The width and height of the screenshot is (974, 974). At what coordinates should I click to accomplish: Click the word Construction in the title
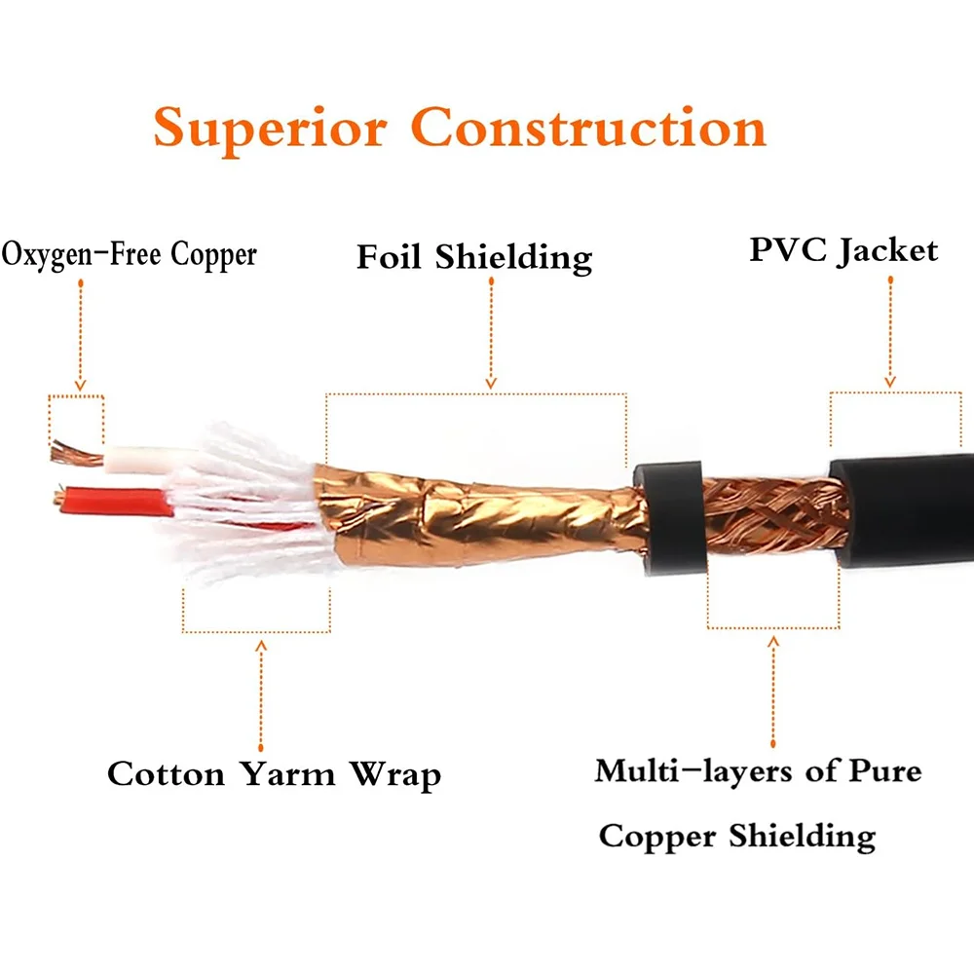click(x=587, y=127)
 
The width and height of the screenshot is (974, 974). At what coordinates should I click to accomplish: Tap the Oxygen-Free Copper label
click(x=130, y=254)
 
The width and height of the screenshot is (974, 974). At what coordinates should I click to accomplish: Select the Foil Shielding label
click(x=474, y=257)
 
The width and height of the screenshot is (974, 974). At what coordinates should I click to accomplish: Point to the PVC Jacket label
click(x=843, y=250)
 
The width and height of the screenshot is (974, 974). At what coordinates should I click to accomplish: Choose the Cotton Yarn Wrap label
click(x=274, y=774)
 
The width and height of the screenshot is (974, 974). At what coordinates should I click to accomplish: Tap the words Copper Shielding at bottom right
click(x=736, y=836)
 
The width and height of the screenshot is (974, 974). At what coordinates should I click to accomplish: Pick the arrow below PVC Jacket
click(x=888, y=331)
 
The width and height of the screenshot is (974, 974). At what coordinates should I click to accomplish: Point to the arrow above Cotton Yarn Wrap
click(x=260, y=692)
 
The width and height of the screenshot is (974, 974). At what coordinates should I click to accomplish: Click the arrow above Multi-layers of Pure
click(x=773, y=692)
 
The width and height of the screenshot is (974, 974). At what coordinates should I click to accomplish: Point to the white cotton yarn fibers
click(x=243, y=506)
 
